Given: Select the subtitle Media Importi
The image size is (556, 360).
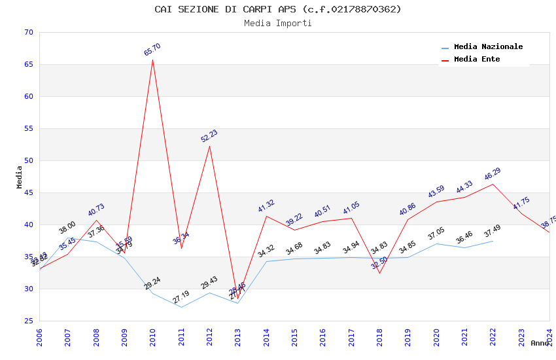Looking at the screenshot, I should [278, 24].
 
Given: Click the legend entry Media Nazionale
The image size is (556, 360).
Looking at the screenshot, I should [488, 47].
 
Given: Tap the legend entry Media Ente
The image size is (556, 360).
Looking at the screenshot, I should [477, 60].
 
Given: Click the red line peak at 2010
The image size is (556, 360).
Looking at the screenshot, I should [153, 60].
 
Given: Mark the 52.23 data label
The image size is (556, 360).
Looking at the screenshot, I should [209, 136].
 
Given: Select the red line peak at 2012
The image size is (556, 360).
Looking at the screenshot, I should [210, 146].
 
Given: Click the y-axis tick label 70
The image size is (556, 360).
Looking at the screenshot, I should [27, 33].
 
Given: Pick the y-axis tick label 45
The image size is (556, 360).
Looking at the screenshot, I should [27, 193].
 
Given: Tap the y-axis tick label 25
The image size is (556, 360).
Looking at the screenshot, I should [27, 321].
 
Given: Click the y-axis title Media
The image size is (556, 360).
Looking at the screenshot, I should [20, 177].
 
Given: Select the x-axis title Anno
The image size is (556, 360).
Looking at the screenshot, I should [540, 343].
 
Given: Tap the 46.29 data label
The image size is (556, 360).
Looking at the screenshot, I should [493, 174].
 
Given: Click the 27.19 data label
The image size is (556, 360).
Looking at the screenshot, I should [181, 297].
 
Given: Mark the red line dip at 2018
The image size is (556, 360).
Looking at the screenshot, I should [379, 272].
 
